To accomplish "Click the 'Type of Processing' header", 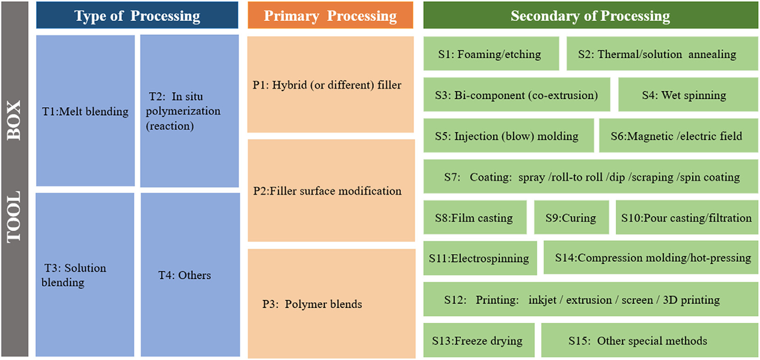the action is [137, 16].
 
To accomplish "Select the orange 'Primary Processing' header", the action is [330, 16].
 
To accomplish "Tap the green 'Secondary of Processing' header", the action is [591, 16].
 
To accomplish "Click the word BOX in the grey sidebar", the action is [14, 120].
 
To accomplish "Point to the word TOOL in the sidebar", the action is [14, 217].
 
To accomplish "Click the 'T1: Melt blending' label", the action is [85, 111].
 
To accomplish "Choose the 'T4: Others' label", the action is [185, 275].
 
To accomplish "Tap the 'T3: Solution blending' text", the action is [74, 275].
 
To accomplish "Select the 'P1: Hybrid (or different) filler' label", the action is [327, 85].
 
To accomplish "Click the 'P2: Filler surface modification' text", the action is [328, 191].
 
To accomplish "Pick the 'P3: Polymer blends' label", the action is [312, 304].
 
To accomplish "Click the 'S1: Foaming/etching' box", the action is [491, 54].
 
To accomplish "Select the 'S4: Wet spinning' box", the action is [688, 95].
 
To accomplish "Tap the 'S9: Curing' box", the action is [571, 217].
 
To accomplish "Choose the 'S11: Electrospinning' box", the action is [480, 258].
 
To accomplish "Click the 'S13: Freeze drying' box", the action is [479, 340].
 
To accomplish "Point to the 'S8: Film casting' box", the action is [475, 217].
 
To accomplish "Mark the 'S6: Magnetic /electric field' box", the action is [678, 136].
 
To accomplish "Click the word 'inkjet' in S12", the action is [542, 300].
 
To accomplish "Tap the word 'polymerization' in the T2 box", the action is [183, 111].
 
